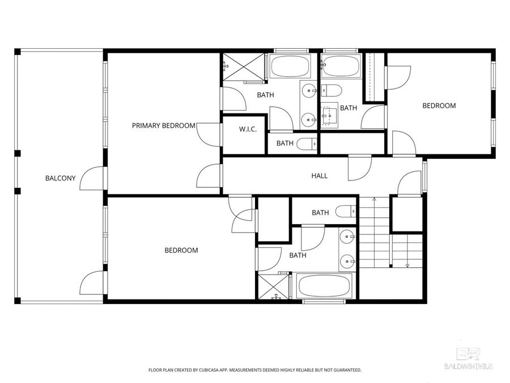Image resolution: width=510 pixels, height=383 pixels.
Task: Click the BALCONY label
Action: pos(60,178)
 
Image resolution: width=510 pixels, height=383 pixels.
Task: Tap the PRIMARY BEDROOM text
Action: pos(163,125)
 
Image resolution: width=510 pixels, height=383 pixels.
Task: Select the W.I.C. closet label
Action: pos(248,129)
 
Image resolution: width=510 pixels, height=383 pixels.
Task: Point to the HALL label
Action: pos(319,176)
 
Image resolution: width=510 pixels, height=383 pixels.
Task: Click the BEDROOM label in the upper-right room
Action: pos(439,106)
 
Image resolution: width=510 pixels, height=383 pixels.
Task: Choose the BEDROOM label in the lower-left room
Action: pos(181,250)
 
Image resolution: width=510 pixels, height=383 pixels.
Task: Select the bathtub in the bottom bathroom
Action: pos(324,285)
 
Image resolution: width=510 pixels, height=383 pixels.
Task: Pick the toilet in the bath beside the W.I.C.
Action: pos(308,144)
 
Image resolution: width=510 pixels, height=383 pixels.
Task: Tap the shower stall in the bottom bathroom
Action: pos(274,286)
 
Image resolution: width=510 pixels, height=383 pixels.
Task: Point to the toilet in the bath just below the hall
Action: pos(345,213)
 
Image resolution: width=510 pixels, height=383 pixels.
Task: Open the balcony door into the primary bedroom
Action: pos(93,178)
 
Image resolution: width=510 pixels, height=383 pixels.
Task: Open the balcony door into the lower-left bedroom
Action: pos(93,283)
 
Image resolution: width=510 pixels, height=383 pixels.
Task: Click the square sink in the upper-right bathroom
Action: pos(329,115)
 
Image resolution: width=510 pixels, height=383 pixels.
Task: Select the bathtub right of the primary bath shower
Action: pos(290,66)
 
